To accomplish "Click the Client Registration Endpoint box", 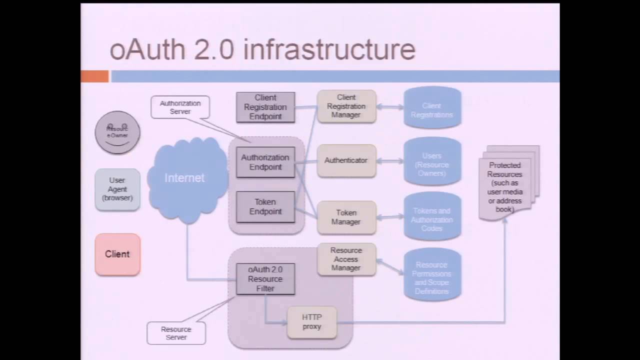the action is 265,107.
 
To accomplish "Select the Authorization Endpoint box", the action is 265,162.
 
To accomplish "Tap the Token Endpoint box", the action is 265,206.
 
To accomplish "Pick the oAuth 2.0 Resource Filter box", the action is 265,278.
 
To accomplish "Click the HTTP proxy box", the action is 312,322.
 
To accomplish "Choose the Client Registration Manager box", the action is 346,106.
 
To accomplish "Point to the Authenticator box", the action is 346,160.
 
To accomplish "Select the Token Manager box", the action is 346,217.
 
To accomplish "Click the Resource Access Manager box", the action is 346,259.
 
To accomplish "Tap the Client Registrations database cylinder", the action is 432,108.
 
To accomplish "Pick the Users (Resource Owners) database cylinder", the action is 432,163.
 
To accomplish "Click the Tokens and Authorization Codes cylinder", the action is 432,218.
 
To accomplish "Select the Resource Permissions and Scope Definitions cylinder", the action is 432,275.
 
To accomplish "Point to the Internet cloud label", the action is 184,178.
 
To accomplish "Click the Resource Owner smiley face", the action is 117,132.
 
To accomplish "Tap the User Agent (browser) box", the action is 117,189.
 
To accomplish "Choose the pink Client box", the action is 117,254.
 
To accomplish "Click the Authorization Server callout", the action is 180,107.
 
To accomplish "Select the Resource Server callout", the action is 176,333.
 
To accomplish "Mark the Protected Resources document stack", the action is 506,185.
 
